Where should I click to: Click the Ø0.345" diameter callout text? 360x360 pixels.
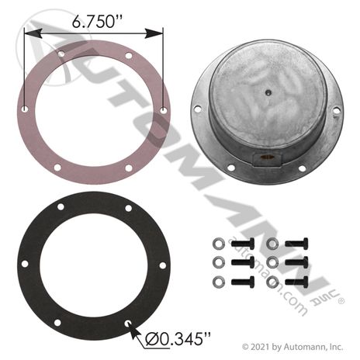tap(178, 338)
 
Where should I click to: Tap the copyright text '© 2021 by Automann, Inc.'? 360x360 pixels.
tap(292, 347)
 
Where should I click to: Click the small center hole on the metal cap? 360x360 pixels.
tap(268, 92)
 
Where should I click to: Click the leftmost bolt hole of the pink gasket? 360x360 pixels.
tap(25, 109)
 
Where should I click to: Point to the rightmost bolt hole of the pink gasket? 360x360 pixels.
tap(164, 111)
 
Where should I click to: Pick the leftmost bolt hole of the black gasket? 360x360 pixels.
tap(25, 264)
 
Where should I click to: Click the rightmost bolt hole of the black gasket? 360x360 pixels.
tap(162, 265)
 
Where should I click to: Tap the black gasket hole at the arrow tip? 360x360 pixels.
tap(128, 324)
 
